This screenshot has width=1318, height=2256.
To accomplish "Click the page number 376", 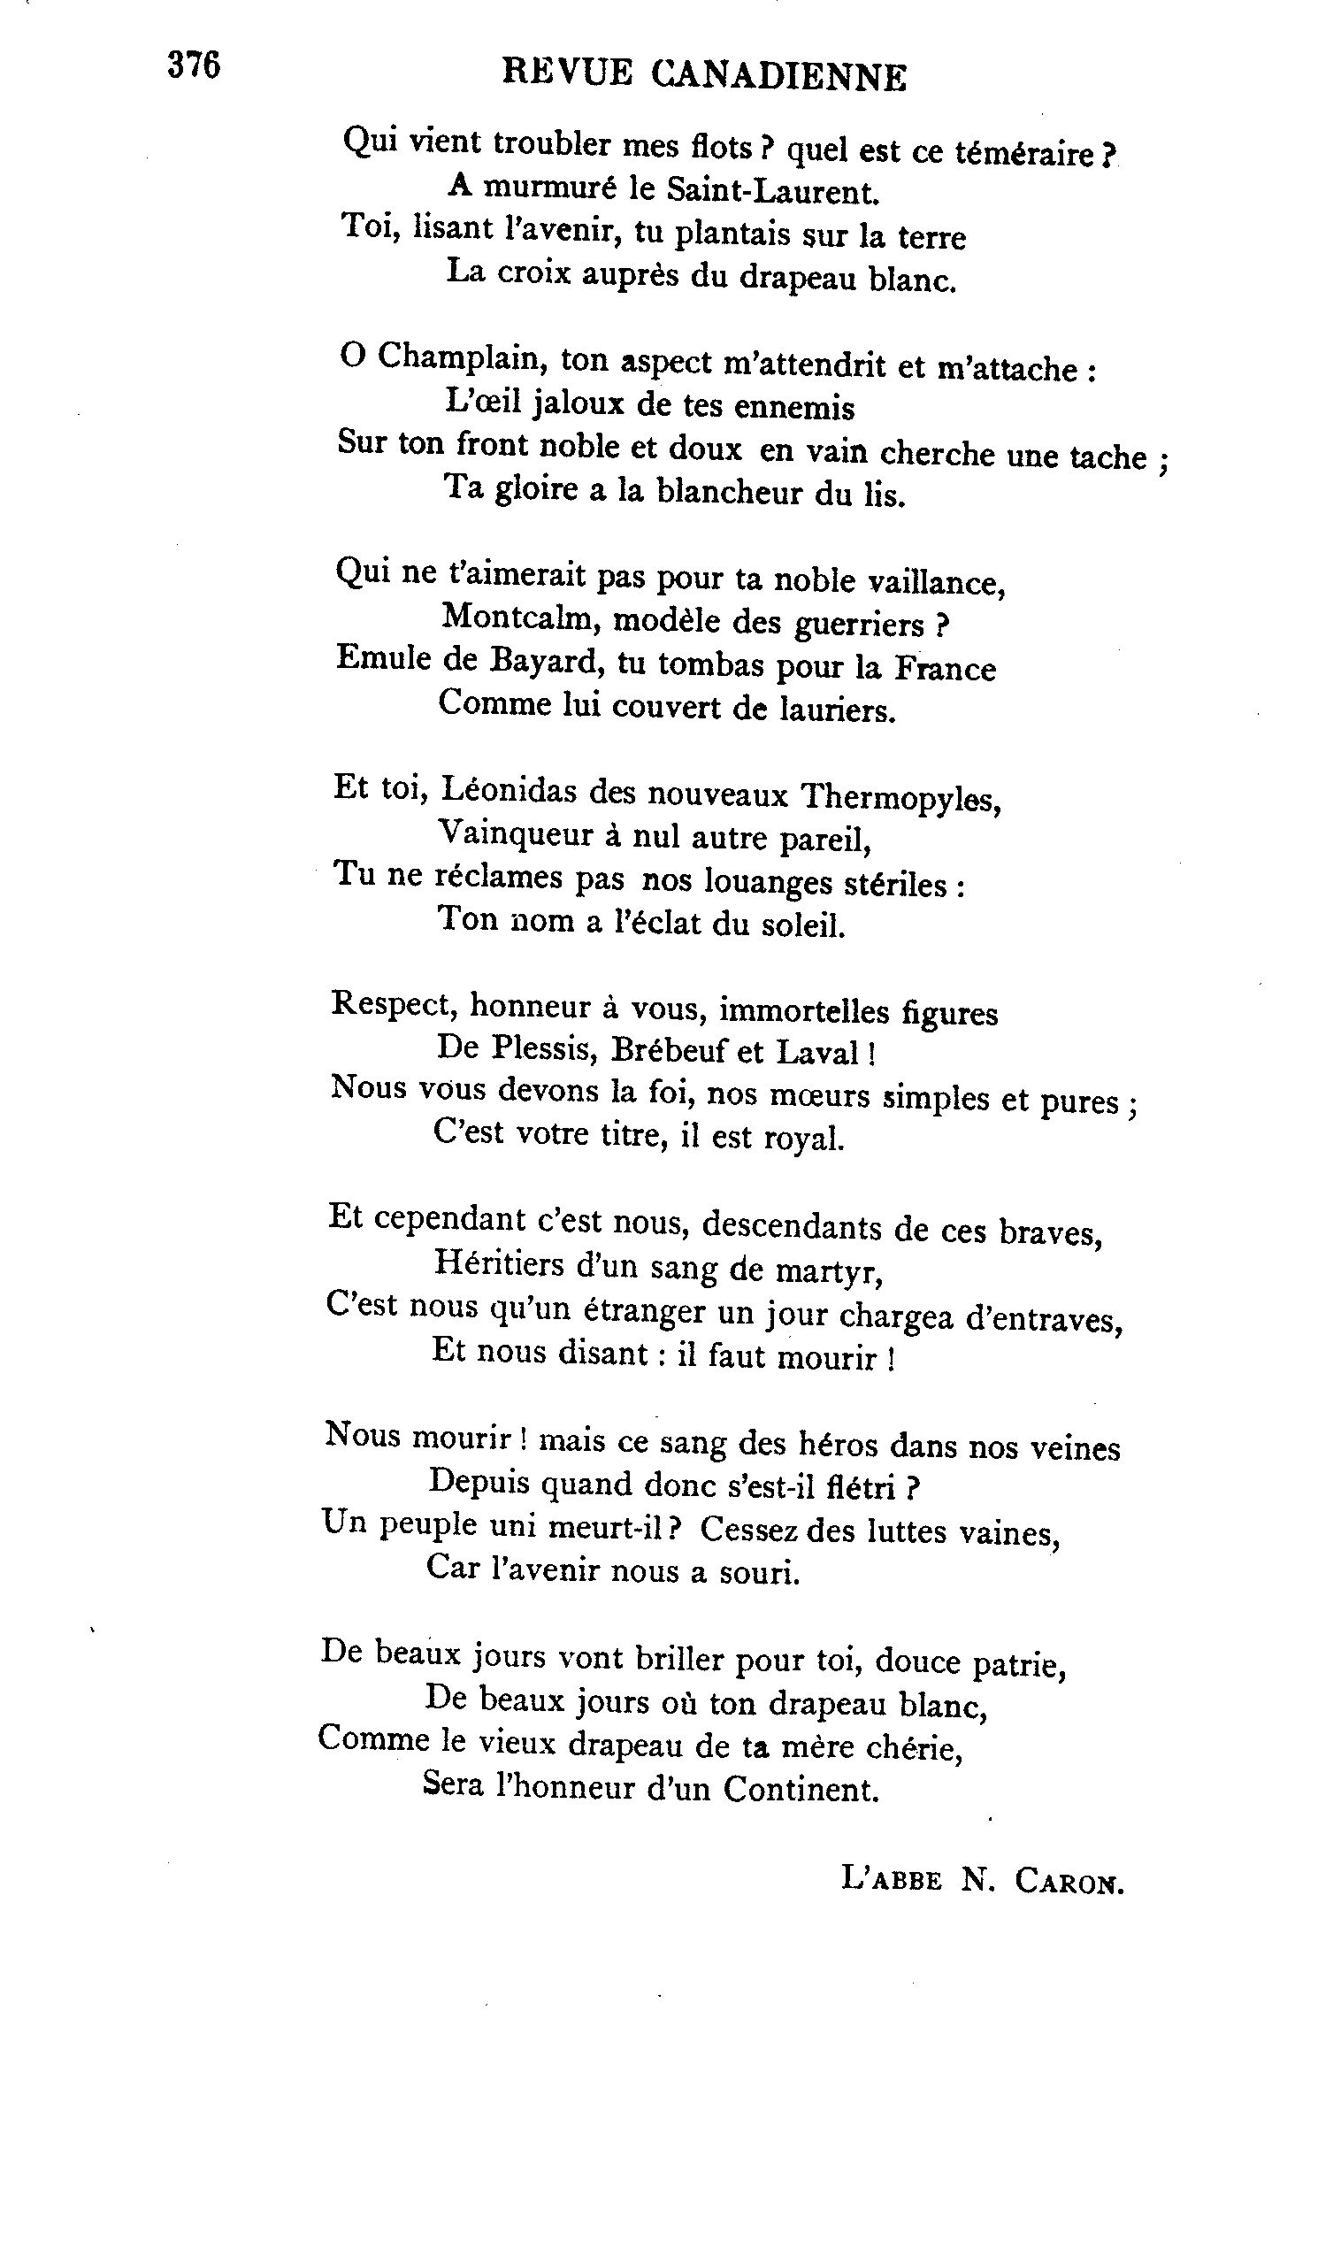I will click(194, 65).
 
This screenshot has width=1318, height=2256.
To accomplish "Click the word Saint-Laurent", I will click(774, 192).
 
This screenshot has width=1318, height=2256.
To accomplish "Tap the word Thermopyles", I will click(899, 796).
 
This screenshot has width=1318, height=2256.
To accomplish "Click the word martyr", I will click(832, 1271).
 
